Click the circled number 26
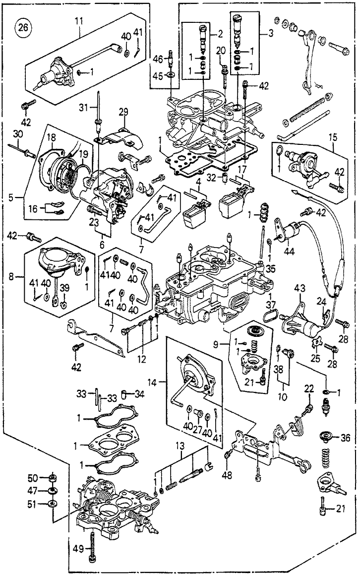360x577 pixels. coord(23,27)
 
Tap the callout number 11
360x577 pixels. coord(79,21)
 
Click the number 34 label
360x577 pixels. coord(141,394)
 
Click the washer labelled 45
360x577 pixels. coord(171,76)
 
